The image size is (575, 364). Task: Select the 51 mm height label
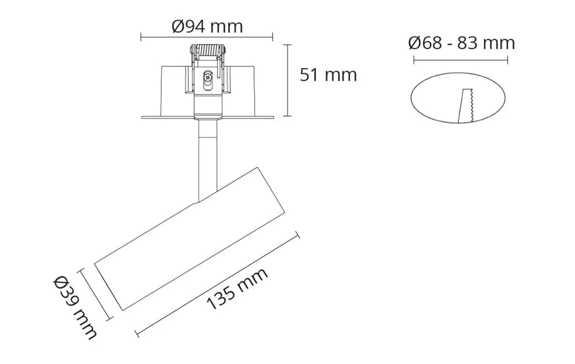coord(328,75)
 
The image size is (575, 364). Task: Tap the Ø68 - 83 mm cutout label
coord(461,43)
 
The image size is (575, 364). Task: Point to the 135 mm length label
coord(237,289)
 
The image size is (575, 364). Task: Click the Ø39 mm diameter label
coord(75,307)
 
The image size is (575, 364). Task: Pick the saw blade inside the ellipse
coord(467,106)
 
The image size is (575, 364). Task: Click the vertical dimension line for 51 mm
coord(289,81)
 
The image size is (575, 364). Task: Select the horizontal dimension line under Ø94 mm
coord(206,37)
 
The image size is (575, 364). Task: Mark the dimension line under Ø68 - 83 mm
coord(461,60)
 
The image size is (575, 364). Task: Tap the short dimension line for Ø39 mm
coord(95,295)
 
